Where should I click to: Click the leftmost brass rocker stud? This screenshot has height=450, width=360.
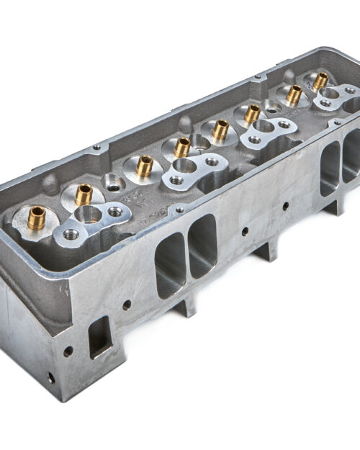tap(37, 217)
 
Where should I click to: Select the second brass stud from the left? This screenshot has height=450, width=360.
tap(84, 194)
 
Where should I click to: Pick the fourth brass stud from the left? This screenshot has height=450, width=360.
tap(182, 147)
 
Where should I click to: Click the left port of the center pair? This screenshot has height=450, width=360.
tap(170, 264)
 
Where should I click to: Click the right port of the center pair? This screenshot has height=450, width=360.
tap(202, 246)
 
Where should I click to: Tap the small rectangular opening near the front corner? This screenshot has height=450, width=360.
tap(99, 336)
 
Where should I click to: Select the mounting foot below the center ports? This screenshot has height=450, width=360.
tap(185, 305)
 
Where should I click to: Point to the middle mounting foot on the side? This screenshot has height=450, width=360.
tap(266, 249)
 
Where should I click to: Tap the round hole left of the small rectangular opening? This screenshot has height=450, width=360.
tap(68, 352)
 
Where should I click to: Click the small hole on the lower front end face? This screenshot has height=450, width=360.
tap(51, 377)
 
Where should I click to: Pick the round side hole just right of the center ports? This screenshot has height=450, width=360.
tap(246, 231)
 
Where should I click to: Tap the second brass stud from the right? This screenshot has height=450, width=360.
tap(294, 94)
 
